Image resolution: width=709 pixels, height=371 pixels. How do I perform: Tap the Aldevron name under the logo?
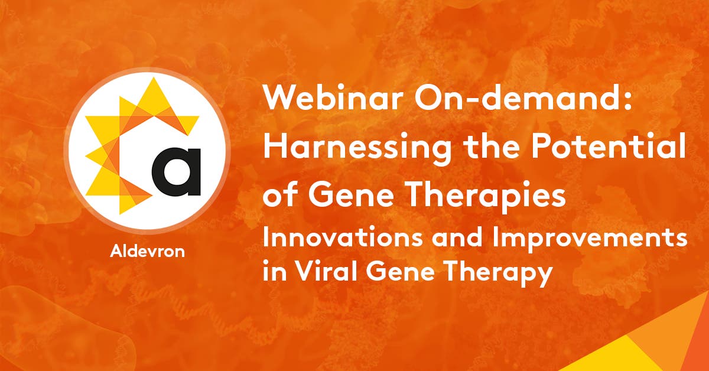[x=147, y=250]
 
